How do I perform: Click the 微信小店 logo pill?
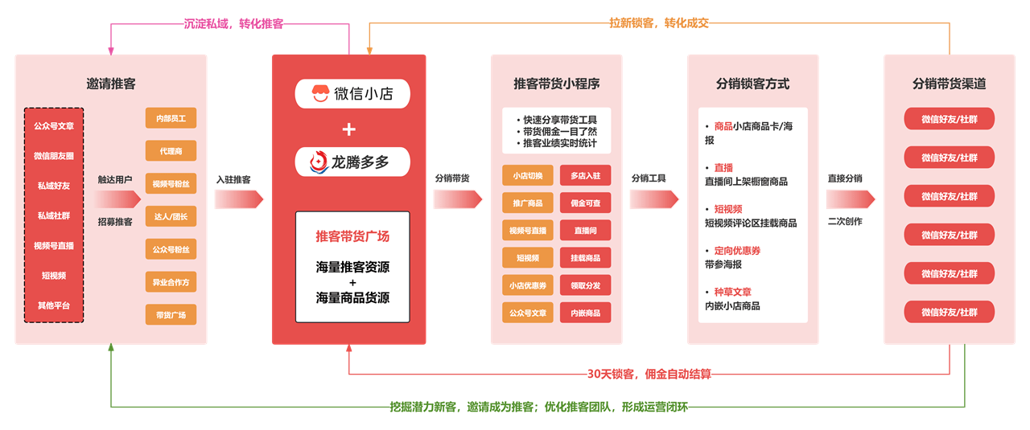352,94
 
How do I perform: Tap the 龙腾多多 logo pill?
352,162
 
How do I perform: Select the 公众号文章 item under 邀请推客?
54,126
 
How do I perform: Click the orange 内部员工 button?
171,118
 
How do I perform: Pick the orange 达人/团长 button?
171,216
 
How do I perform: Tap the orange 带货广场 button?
171,315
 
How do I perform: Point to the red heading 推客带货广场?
352,236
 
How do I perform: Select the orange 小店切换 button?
528,176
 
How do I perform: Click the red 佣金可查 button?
585,203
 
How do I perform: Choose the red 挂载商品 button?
585,258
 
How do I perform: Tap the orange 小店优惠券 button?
528,285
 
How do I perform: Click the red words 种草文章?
732,293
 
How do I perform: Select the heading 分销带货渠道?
949,84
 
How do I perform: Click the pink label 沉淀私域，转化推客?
233,24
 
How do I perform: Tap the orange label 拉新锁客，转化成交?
658,24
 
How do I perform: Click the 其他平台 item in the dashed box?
54,305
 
